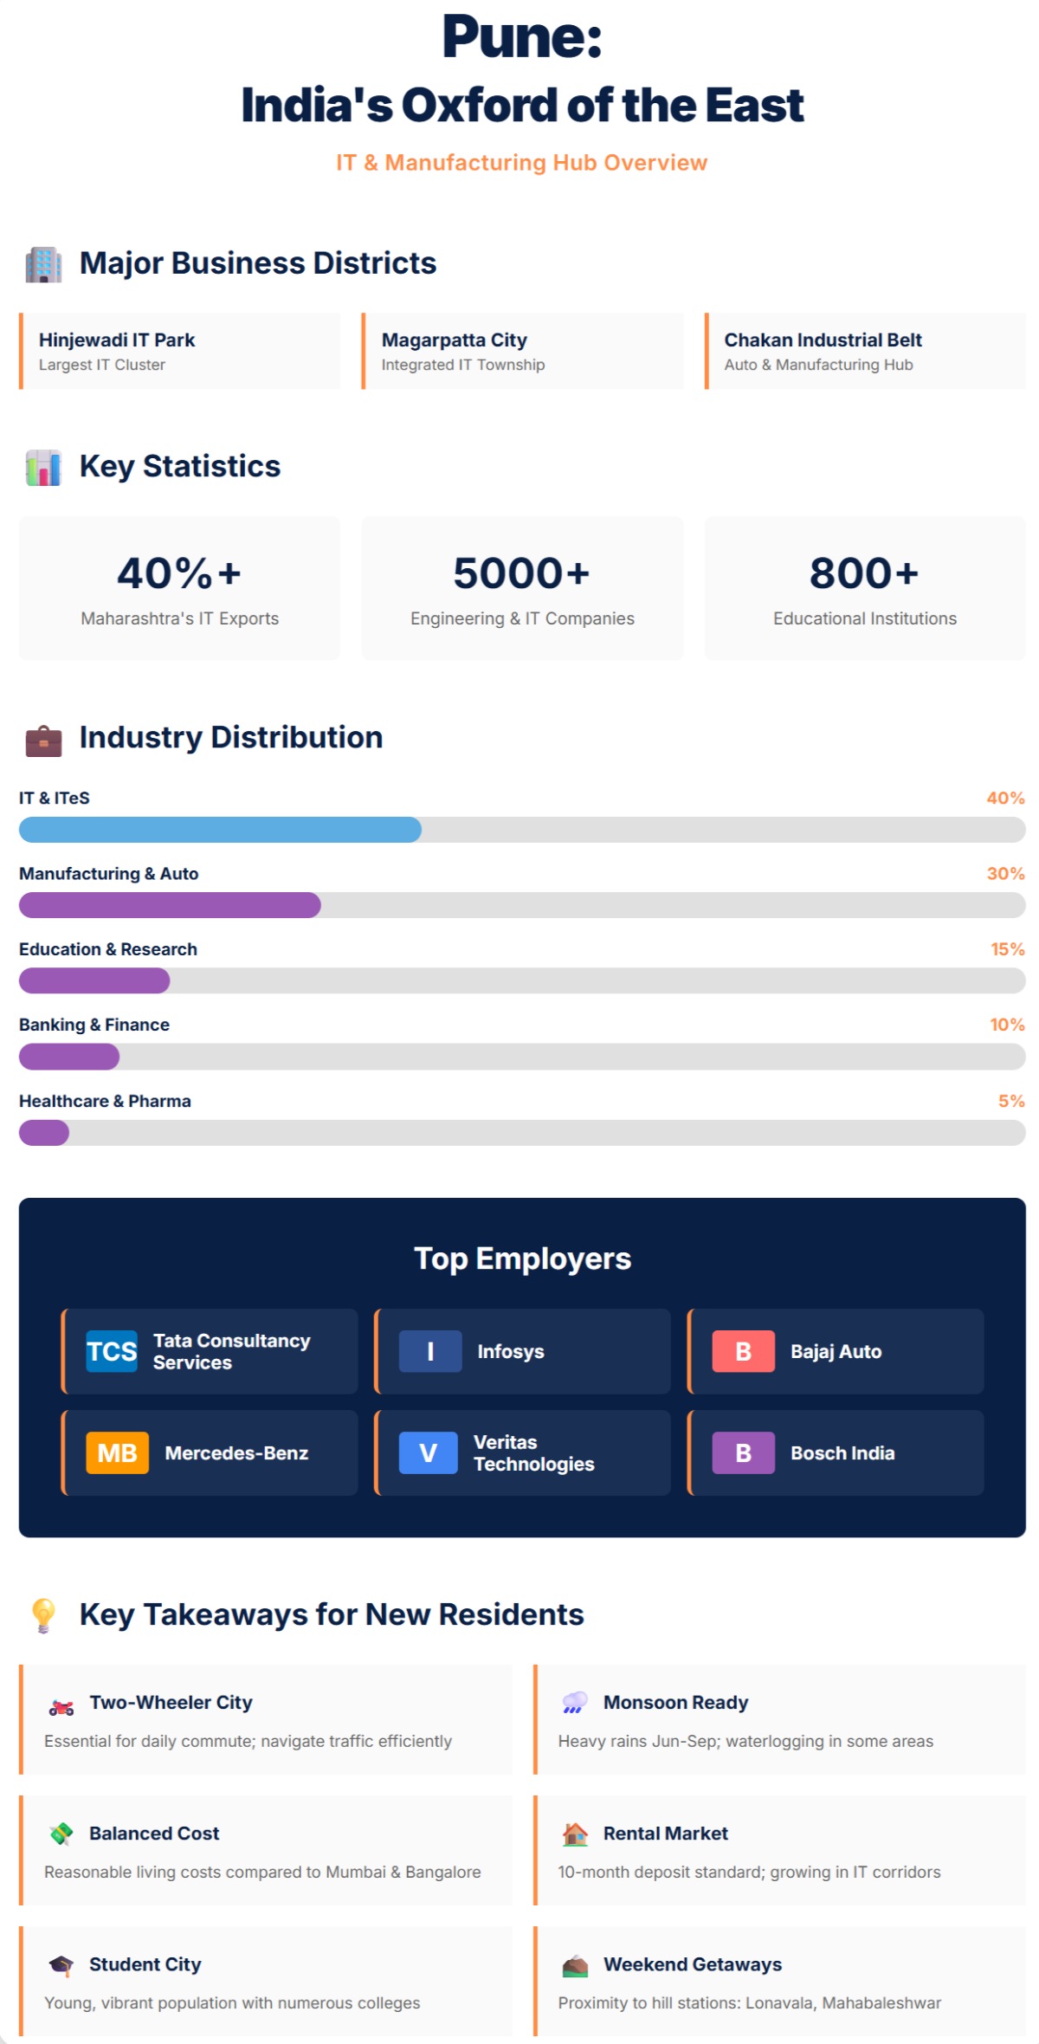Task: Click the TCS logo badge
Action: [x=112, y=1351]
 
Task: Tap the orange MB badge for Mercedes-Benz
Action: [x=117, y=1452]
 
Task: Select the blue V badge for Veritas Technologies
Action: [x=428, y=1452]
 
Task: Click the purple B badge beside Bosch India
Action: [x=743, y=1452]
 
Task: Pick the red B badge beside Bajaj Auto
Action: [x=743, y=1351]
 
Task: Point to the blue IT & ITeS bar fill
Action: [x=220, y=830]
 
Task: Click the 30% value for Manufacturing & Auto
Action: [x=1005, y=873]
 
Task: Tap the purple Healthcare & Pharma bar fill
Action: [x=44, y=1133]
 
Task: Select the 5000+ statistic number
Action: [x=521, y=573]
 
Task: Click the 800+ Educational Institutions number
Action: [x=864, y=573]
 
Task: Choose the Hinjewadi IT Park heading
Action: [x=117, y=340]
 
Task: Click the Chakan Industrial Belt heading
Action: [x=823, y=340]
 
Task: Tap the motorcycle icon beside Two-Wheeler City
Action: [x=61, y=1707]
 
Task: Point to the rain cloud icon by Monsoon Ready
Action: [x=575, y=1702]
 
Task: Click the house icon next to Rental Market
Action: [x=575, y=1834]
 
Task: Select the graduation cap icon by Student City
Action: [x=61, y=1964]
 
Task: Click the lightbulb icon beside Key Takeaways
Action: [x=43, y=1615]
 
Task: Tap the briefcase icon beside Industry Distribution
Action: [x=43, y=741]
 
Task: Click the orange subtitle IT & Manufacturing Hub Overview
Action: [x=521, y=163]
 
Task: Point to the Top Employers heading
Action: [x=522, y=1258]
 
